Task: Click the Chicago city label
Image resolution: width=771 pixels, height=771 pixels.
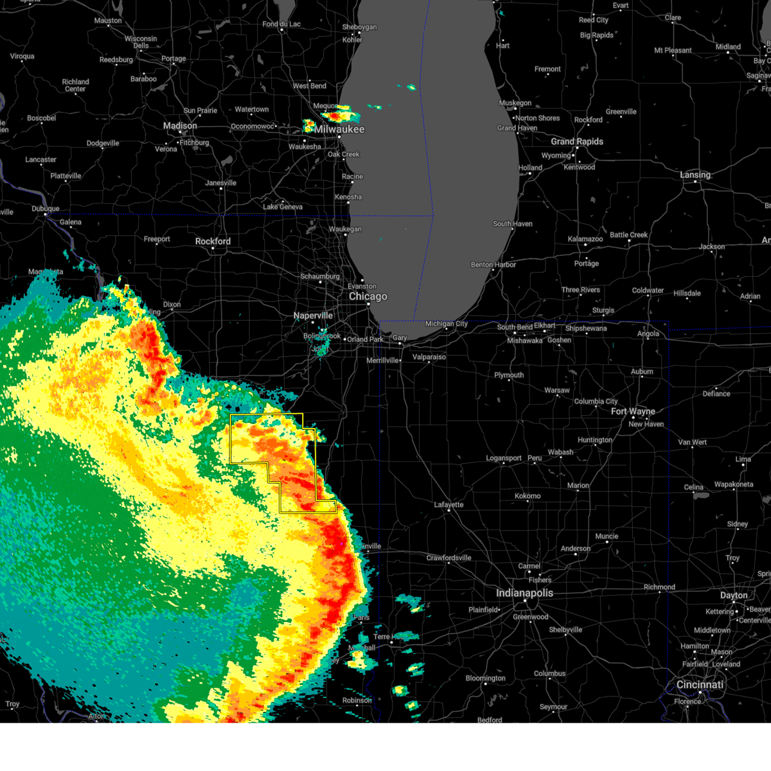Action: [368, 297]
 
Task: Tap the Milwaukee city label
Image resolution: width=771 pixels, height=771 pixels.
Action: [339, 129]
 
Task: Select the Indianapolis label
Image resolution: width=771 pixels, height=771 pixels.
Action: [524, 593]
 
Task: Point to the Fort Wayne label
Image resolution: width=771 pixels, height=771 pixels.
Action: [633, 411]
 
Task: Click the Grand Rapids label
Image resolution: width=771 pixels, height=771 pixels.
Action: [577, 141]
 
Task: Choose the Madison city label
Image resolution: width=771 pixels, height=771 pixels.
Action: [180, 126]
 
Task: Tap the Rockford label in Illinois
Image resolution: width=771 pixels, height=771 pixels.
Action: [213, 242]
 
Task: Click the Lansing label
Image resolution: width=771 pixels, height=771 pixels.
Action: [695, 175]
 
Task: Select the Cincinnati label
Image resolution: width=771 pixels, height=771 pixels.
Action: [700, 685]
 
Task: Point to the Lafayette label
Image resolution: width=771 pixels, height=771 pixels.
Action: [448, 504]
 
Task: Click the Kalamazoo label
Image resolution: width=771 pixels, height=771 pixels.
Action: [585, 239]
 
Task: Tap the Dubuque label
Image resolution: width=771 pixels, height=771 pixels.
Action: [45, 209]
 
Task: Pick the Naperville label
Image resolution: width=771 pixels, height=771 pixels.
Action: [313, 315]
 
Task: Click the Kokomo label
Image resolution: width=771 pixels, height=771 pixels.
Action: [527, 496]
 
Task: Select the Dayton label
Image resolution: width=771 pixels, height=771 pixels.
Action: [734, 596]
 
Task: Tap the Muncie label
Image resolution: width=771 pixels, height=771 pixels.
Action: [607, 536]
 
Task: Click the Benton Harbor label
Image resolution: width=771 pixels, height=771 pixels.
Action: [493, 265]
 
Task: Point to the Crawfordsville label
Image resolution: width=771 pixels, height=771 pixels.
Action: [448, 558]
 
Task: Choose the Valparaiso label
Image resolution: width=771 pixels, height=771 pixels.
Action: [429, 357]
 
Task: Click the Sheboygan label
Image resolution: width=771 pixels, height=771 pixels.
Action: [360, 27]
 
